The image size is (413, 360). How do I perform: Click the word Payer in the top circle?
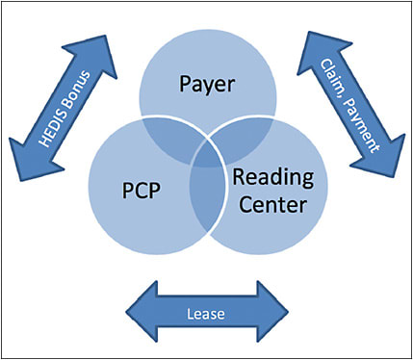[208, 85]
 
